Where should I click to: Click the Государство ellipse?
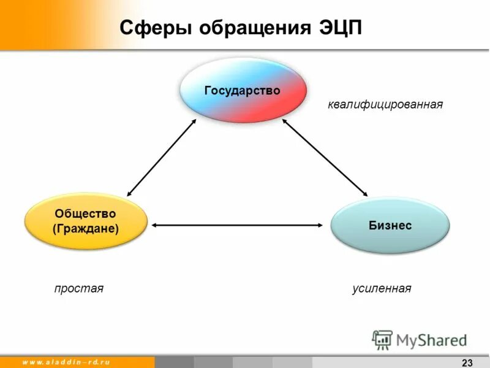coord(242,91)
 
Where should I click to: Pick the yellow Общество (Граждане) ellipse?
coord(86,221)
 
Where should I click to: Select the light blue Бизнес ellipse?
coord(390,225)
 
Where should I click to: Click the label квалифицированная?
coord(385,104)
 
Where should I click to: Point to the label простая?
coord(79,288)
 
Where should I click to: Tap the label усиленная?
coord(382,288)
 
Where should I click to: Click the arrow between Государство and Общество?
coord(162,157)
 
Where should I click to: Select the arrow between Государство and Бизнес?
coord(325,157)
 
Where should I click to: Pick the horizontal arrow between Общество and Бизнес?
coord(237,225)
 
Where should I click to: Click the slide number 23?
coord(467,362)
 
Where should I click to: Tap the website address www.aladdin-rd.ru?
coord(66,362)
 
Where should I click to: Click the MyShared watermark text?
coord(431,340)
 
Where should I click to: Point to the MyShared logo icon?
coord(382,339)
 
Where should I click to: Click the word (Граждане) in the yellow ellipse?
coord(86,229)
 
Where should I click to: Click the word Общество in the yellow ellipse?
coord(85,213)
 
